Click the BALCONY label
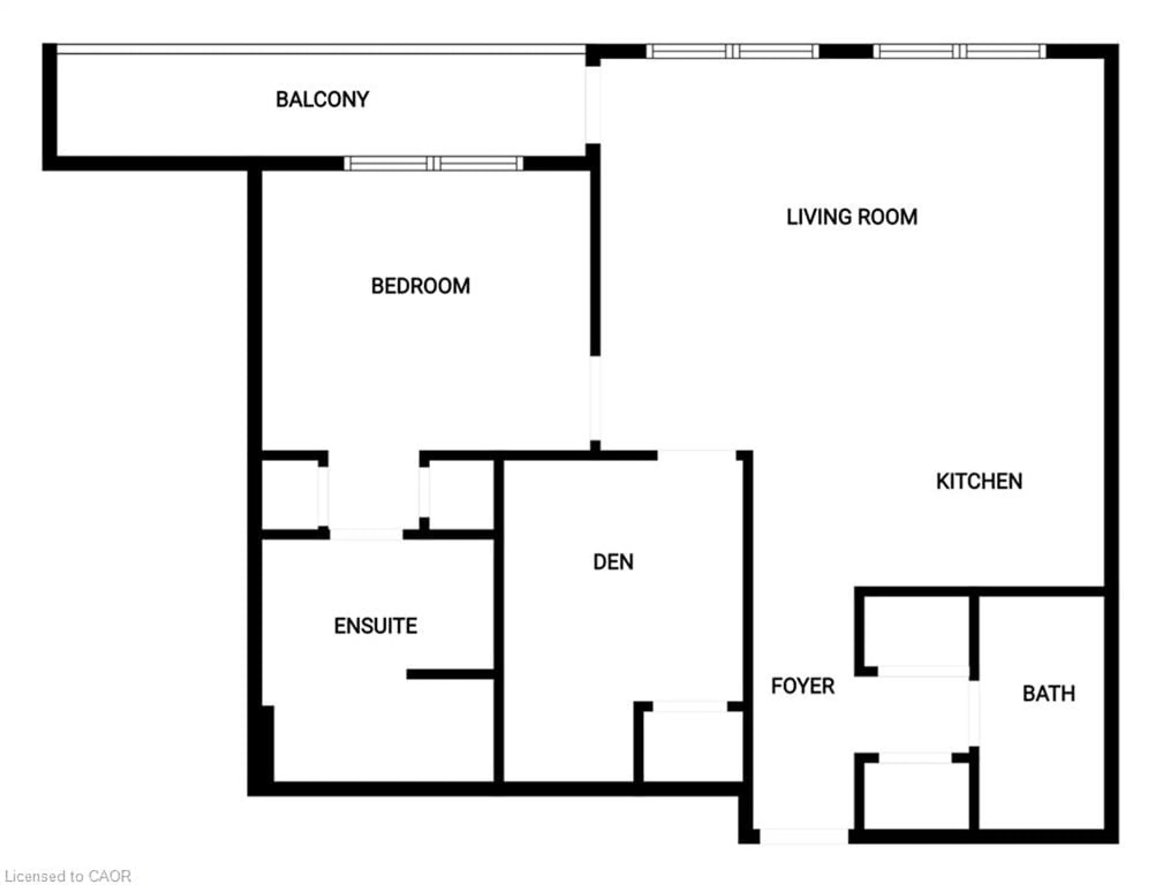point(322,99)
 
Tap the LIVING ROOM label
point(852,217)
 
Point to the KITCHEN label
point(978,482)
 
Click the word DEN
point(613,562)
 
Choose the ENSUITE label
point(375,626)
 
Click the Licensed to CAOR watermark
point(68,876)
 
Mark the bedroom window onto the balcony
point(433,163)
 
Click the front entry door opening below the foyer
point(803,836)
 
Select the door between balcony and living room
point(593,105)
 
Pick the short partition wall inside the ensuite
point(450,674)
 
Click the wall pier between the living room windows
point(846,51)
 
